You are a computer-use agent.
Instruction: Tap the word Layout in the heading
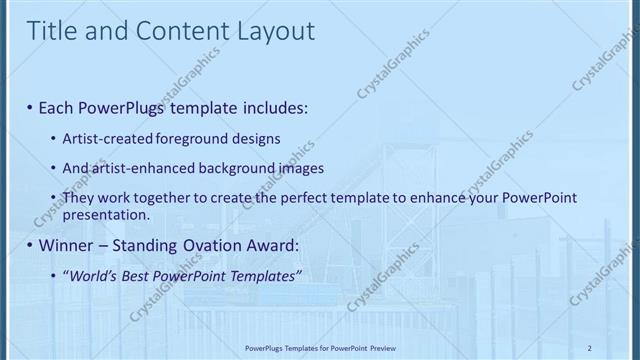click(x=271, y=31)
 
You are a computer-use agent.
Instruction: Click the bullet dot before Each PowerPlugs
click(x=30, y=106)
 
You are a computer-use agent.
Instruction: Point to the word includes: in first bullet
click(x=269, y=106)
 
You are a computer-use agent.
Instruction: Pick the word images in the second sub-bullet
click(x=302, y=168)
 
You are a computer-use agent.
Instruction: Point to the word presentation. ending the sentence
click(x=106, y=214)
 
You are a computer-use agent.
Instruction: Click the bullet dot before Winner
click(x=30, y=245)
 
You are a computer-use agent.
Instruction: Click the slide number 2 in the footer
click(x=589, y=348)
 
